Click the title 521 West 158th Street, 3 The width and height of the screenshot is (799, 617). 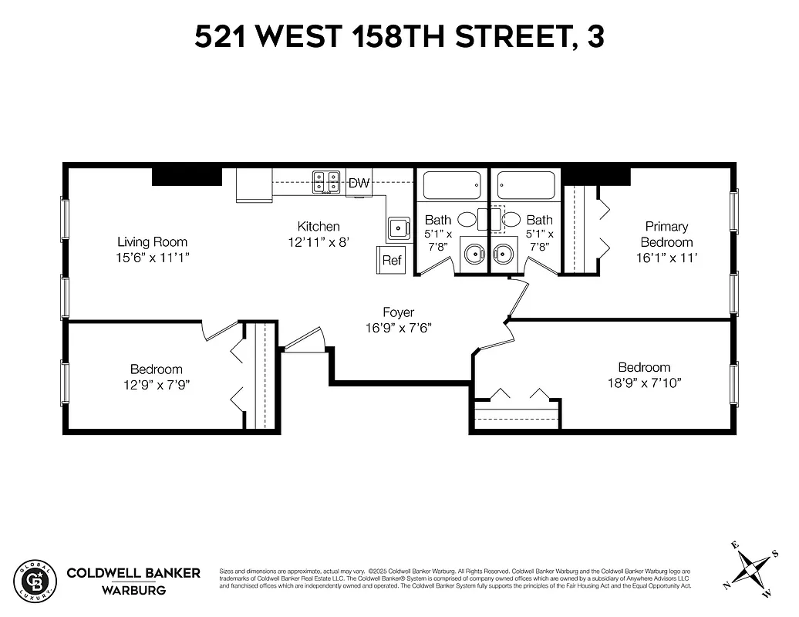coord(399,37)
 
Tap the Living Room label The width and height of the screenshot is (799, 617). coord(152,241)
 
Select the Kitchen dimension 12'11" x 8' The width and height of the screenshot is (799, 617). coord(319,241)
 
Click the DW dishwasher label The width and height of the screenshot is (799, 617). coord(359,184)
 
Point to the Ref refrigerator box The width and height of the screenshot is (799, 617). coord(392,260)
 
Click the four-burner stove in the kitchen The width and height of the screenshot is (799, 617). coord(326,182)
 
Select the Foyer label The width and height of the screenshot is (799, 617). coord(398,312)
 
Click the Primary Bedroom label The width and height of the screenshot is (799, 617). coord(666,234)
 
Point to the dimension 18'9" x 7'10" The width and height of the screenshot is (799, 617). coord(644,383)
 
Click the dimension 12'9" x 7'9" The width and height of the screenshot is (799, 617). coord(156,384)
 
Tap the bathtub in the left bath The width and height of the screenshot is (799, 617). coord(451,185)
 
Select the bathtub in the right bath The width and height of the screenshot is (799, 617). coord(526,185)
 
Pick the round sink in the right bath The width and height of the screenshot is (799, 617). coord(504,252)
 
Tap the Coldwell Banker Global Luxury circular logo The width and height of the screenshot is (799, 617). coord(35,579)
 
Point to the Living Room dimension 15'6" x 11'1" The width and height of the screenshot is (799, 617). coord(152,257)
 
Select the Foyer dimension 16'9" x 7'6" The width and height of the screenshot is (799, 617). coord(398,328)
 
